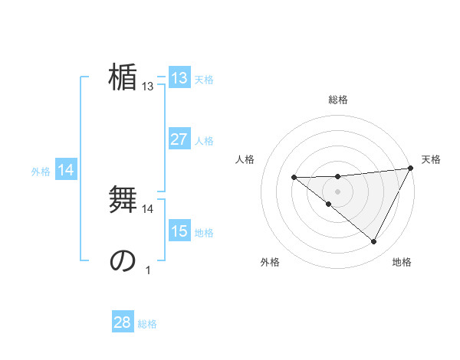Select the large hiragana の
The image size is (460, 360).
click(x=123, y=260)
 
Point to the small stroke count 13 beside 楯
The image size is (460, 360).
click(x=148, y=87)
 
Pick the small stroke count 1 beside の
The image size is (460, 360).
click(x=148, y=270)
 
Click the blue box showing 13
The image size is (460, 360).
click(x=179, y=78)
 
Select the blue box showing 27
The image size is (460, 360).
click(x=179, y=139)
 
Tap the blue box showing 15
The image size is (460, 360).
click(x=179, y=231)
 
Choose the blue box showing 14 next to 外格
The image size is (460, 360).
click(x=66, y=171)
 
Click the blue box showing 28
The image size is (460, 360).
click(x=122, y=322)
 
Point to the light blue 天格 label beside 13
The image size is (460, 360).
click(x=204, y=80)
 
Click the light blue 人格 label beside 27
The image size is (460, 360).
click(x=204, y=141)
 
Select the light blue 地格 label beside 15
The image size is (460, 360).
click(x=204, y=233)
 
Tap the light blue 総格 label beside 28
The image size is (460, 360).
click(x=147, y=324)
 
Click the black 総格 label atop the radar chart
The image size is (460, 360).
click(x=338, y=100)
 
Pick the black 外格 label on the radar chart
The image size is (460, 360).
click(x=270, y=262)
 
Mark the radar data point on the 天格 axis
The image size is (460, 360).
click(x=412, y=169)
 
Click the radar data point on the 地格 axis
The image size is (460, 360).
click(x=374, y=242)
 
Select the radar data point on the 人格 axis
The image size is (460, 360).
click(x=294, y=178)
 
